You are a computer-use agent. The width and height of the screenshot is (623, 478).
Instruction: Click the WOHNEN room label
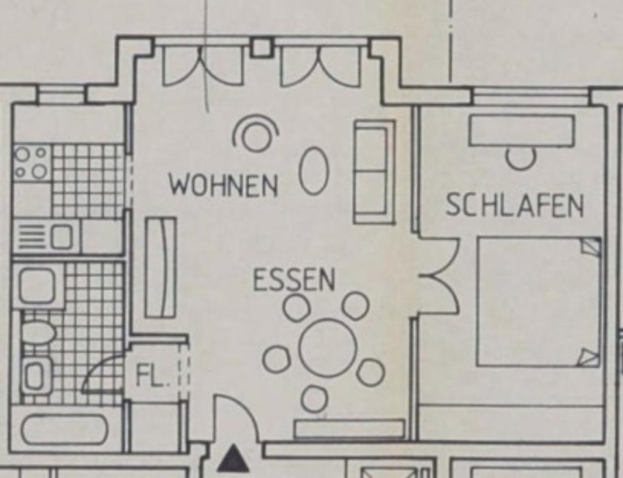coord(223,185)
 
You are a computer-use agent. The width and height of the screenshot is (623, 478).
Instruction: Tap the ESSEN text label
coord(294,281)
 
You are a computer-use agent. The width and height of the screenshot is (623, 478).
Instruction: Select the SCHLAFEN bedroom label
coord(514,206)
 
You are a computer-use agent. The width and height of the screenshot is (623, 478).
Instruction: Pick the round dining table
coord(328,348)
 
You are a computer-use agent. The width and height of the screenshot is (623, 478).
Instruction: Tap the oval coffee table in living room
coord(314,171)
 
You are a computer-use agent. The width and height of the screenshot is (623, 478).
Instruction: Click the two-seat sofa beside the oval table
coord(374,171)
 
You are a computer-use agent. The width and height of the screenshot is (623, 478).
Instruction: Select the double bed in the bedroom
coord(538,302)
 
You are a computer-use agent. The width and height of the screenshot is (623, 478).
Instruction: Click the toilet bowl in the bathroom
coord(38,333)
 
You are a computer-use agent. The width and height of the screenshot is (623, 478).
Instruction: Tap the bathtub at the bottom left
coord(64,429)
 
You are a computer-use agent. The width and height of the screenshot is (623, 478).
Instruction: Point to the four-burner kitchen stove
coord(31,162)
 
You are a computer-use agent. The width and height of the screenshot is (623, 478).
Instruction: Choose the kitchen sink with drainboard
coord(45,236)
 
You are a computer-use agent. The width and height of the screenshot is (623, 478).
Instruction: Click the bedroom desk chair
coord(520,158)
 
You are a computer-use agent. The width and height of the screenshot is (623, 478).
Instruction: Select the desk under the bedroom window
coord(521,131)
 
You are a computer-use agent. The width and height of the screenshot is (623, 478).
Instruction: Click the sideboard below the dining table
coord(349,429)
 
